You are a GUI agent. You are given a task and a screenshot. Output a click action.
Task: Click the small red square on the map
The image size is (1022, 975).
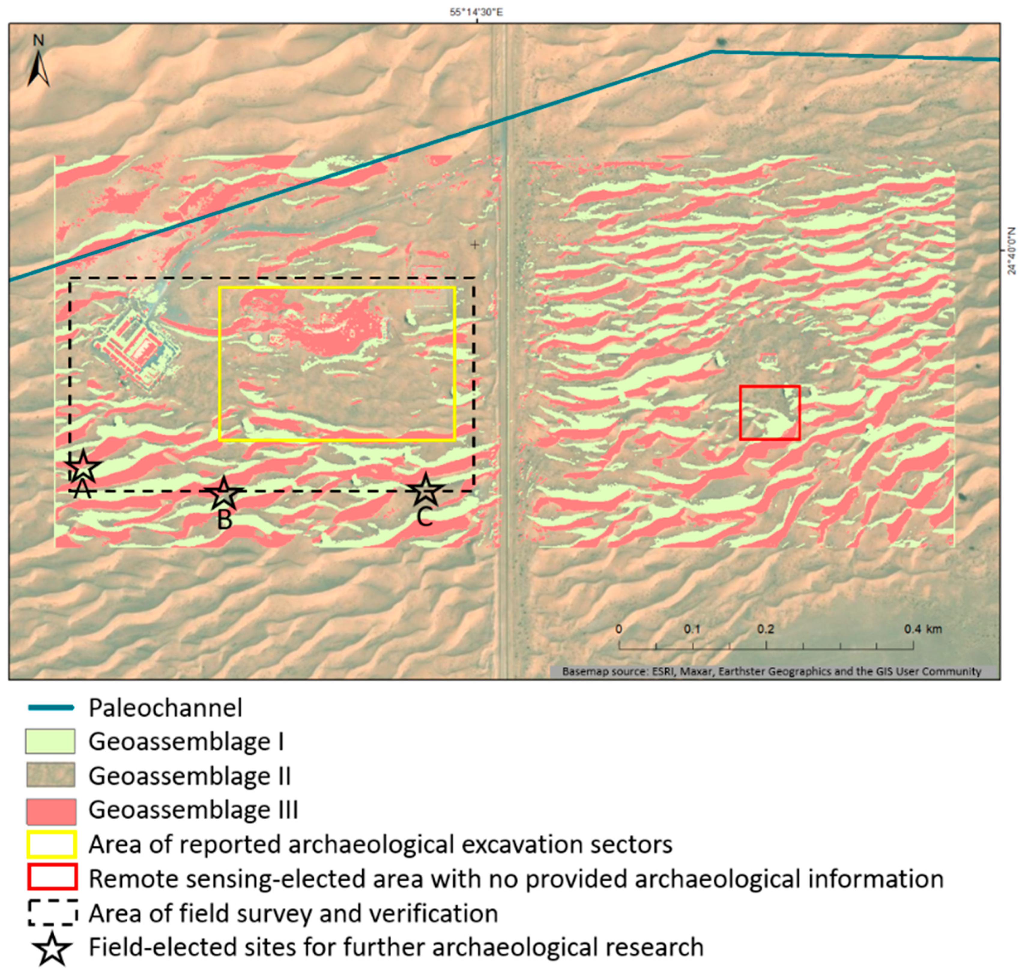click(x=770, y=413)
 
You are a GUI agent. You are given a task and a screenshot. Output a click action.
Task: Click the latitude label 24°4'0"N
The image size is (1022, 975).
click(x=1012, y=251)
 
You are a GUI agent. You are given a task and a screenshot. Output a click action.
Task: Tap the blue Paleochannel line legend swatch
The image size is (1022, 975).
click(x=50, y=708)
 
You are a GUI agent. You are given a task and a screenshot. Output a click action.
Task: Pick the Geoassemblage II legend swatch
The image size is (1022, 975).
click(x=50, y=775)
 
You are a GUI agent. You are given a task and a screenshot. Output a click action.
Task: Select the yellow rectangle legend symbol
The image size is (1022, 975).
click(x=51, y=844)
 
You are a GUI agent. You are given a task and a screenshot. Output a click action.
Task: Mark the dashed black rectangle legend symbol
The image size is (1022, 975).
click(x=51, y=913)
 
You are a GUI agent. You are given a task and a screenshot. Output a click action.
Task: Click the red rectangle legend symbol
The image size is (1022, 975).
click(x=51, y=879)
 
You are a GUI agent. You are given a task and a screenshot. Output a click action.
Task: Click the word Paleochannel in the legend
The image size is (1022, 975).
click(x=165, y=708)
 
